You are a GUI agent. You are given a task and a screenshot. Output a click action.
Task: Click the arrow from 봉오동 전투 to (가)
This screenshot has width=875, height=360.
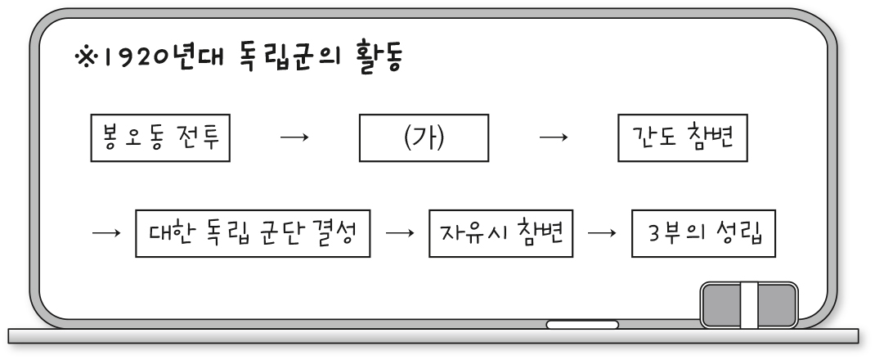coord(294,137)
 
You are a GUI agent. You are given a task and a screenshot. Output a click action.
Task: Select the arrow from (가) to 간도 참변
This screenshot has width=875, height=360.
coord(554,137)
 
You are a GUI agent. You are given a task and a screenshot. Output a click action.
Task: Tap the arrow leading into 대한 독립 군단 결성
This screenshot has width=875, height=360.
coord(106,232)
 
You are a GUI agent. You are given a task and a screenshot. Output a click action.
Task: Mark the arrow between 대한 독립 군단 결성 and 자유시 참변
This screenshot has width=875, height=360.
coord(400,232)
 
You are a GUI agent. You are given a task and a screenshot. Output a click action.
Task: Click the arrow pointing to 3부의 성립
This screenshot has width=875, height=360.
coord(602,232)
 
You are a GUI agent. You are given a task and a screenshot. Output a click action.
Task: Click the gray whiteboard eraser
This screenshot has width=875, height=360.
coord(749,304)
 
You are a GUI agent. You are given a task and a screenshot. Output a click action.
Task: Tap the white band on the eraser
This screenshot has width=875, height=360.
coord(749,304)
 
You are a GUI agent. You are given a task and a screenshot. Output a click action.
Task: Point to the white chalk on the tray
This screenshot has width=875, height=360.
coord(582,324)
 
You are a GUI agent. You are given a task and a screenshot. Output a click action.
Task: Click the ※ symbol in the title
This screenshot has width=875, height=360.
coord(86,57)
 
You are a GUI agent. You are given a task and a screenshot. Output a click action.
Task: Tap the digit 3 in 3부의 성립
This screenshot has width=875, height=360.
coord(654,233)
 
